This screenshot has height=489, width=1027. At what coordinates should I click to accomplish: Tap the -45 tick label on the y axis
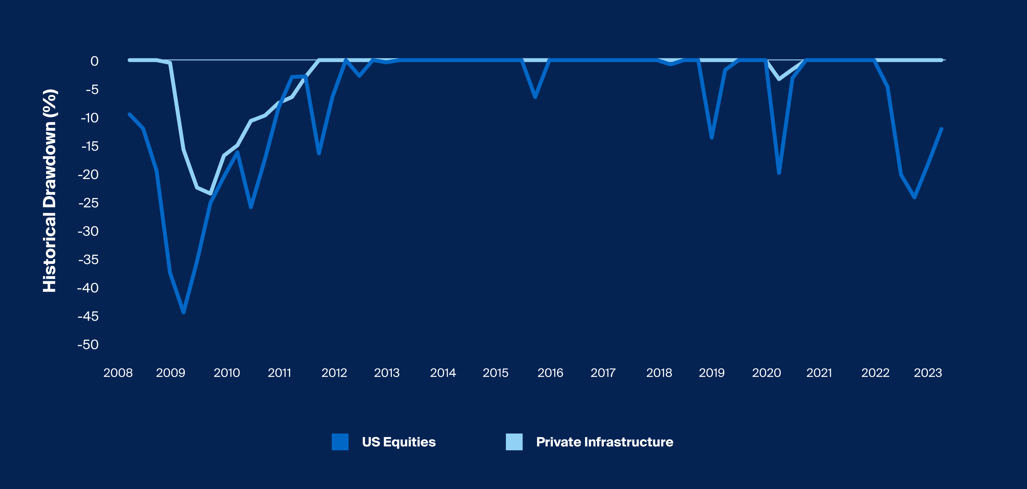tap(88, 316)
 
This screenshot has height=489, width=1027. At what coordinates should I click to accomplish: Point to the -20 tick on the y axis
tap(88, 175)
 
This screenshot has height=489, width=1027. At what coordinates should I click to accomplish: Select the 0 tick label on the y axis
tap(94, 61)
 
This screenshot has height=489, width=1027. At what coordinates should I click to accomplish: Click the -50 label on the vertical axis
tap(88, 345)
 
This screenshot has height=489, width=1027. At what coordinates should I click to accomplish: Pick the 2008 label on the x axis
tap(118, 373)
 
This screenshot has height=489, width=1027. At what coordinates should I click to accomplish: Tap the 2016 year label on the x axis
tap(550, 373)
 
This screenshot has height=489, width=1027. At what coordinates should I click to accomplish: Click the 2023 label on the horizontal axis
tap(928, 373)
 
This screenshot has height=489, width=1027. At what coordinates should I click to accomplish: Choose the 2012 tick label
tap(334, 373)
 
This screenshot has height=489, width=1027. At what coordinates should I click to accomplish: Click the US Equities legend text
tap(399, 442)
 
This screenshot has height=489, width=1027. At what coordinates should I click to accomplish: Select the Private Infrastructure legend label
tap(605, 442)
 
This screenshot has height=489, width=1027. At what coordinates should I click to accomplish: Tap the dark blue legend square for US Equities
tap(340, 442)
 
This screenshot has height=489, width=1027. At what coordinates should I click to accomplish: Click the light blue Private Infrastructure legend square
tap(514, 442)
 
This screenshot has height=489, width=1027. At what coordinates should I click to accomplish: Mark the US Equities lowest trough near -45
tap(183, 312)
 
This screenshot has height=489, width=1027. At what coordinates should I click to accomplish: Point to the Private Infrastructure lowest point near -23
tap(210, 194)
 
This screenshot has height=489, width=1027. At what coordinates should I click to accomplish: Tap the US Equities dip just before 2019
tap(712, 138)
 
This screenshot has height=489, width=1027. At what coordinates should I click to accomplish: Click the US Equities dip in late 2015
tap(535, 97)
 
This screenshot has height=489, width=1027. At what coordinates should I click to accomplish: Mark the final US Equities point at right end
tap(941, 129)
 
